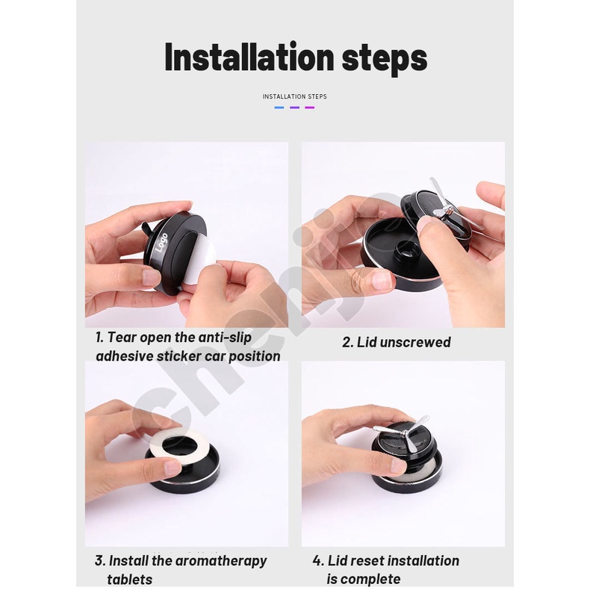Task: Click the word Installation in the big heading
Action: [x=249, y=58]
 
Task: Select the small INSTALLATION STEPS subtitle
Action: [x=294, y=96]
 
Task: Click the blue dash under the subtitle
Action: [x=279, y=108]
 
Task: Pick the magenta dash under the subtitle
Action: [x=310, y=108]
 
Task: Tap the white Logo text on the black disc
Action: [x=161, y=242]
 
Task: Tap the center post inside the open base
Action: [x=406, y=250]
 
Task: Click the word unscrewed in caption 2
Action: [x=415, y=342]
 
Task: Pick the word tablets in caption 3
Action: [x=129, y=579]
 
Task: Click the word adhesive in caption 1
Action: [x=124, y=356]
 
